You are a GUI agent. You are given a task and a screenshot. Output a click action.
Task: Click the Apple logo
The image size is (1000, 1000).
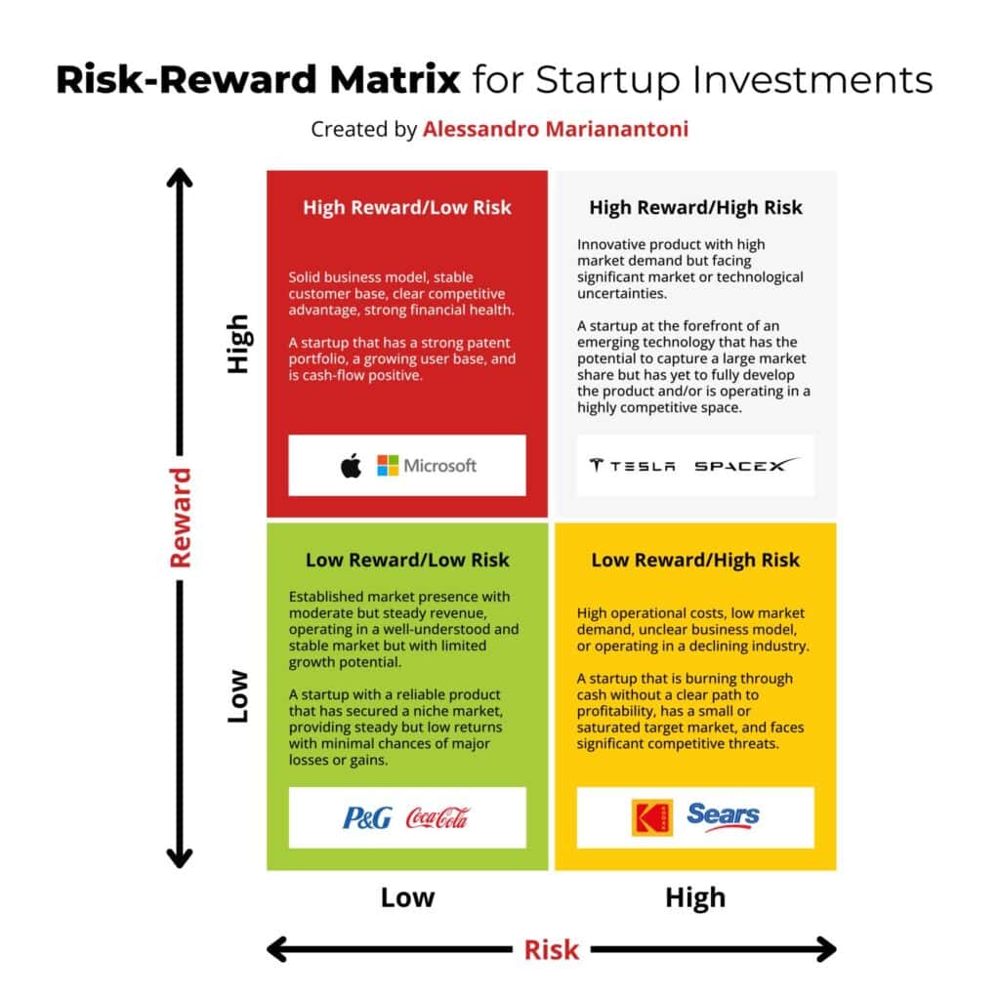pyautogui.click(x=351, y=466)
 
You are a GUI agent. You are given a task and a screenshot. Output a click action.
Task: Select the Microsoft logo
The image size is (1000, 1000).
pyautogui.click(x=427, y=466)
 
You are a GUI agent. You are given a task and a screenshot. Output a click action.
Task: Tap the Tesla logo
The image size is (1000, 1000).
pyautogui.click(x=632, y=466)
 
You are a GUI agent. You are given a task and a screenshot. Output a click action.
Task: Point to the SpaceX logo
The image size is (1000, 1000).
pyautogui.click(x=746, y=465)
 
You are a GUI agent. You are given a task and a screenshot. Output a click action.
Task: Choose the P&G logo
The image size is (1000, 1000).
pyautogui.click(x=367, y=817)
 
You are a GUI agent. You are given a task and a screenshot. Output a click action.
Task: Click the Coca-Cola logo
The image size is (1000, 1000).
pyautogui.click(x=437, y=817)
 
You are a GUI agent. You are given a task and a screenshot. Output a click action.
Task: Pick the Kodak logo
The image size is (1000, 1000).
pyautogui.click(x=652, y=817)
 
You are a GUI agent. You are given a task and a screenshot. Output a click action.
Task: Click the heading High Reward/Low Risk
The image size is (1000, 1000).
pyautogui.click(x=406, y=207)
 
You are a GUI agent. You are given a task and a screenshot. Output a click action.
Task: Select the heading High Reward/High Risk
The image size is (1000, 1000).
pyautogui.click(x=695, y=207)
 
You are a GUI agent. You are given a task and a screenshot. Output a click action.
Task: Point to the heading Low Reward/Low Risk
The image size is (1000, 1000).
pyautogui.click(x=407, y=560)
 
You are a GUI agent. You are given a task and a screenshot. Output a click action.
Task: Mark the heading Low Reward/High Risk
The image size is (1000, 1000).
pyautogui.click(x=695, y=560)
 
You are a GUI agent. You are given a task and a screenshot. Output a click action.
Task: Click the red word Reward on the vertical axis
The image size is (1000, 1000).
pyautogui.click(x=181, y=518)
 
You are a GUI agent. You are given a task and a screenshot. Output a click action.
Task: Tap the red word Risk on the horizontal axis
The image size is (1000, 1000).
pyautogui.click(x=552, y=949)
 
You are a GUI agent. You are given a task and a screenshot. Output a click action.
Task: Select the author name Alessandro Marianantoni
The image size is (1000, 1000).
pyautogui.click(x=556, y=129)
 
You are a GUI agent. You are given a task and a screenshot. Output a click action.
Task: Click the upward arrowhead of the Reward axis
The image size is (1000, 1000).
pyautogui.click(x=180, y=179)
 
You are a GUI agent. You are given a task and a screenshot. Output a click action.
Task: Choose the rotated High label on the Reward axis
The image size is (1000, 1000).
pyautogui.click(x=238, y=344)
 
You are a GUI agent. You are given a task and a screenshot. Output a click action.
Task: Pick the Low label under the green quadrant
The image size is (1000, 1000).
pyautogui.click(x=407, y=897)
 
